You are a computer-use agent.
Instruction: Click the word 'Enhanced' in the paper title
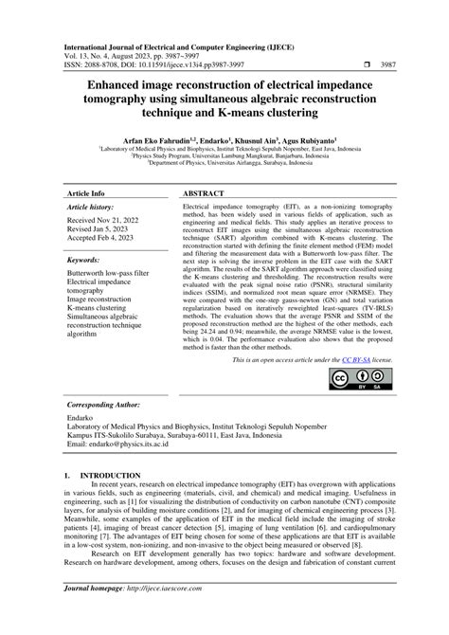click(96, 85)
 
